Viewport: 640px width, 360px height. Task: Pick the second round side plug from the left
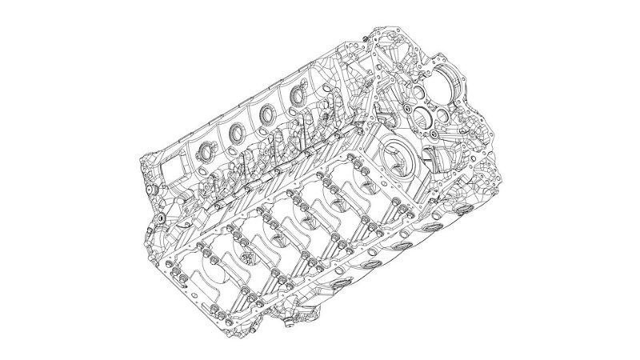pyautogui.click(x=238, y=131)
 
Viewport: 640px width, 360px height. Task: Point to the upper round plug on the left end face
pyautogui.click(x=151, y=190)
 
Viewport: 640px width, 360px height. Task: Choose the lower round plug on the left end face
pyautogui.click(x=161, y=217)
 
